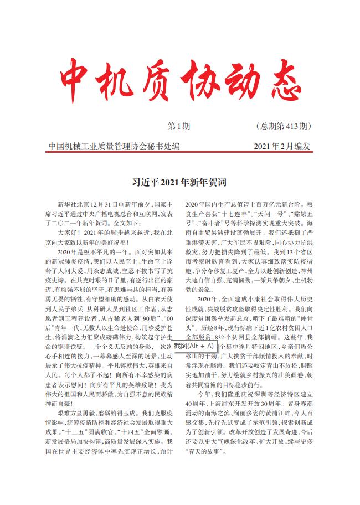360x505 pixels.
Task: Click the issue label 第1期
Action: click(178, 127)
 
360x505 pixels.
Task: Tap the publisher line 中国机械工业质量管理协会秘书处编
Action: click(114, 147)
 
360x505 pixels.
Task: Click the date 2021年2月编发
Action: click(282, 147)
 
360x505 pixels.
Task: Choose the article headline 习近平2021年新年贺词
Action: click(180, 182)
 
